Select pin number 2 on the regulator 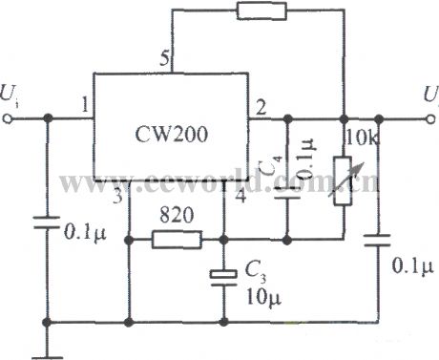pos(258,107)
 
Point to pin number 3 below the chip pos(118,199)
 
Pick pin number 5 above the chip pos(164,60)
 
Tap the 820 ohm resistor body pos(178,238)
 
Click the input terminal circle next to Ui pos(11,119)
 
